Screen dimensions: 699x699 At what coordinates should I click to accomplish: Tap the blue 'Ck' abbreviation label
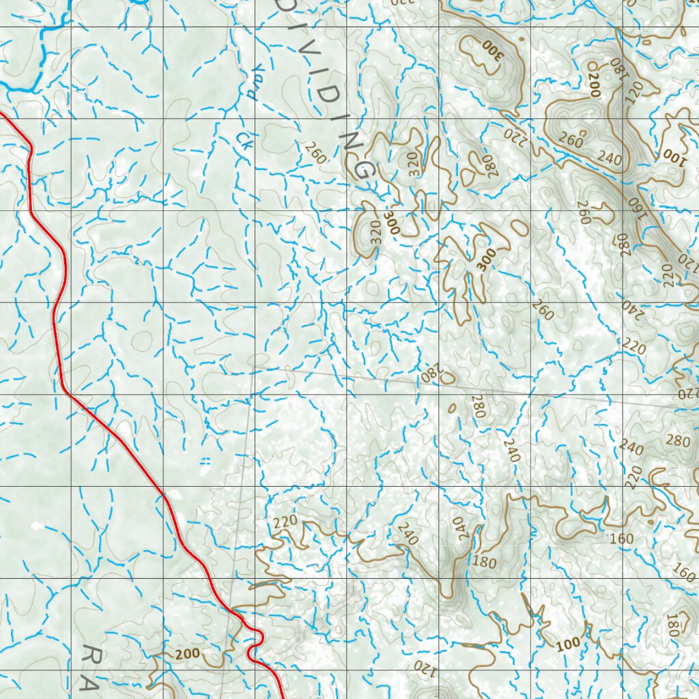(241, 139)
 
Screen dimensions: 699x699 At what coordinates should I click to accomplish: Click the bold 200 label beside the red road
(186, 653)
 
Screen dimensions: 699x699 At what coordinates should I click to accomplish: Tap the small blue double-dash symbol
(205, 461)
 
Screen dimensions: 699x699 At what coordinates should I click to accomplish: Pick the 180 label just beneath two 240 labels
(483, 562)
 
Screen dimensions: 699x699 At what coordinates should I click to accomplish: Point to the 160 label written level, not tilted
(621, 539)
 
